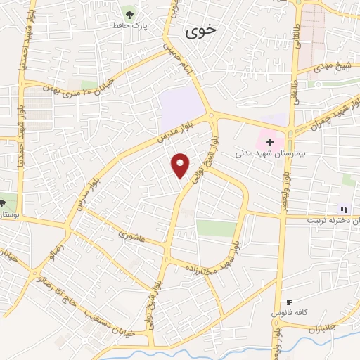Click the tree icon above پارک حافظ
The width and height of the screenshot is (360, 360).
pyautogui.click(x=128, y=13)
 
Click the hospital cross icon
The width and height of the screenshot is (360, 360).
pyautogui.click(x=269, y=142)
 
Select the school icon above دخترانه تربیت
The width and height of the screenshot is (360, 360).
pyautogui.click(x=344, y=209)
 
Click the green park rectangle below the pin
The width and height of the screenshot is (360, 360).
pyautogui.click(x=216, y=229)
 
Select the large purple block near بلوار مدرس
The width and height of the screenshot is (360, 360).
pyautogui.click(x=181, y=109)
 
